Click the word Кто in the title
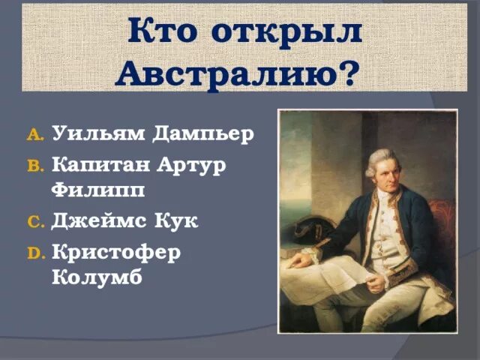(x=164, y=32)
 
